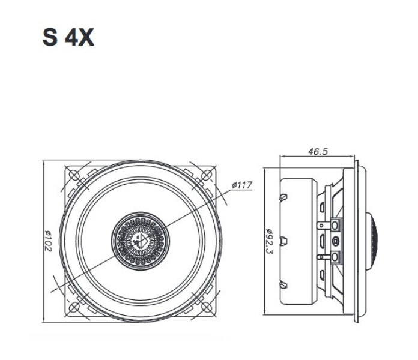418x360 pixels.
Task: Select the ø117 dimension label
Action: coord(241,185)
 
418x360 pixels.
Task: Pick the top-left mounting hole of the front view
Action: coord(74,175)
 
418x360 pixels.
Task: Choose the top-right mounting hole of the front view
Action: coord(207,175)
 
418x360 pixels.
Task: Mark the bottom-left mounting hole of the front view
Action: coord(74,307)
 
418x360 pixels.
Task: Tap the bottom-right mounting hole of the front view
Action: coord(207,307)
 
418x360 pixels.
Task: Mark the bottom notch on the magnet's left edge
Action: coord(282,284)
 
